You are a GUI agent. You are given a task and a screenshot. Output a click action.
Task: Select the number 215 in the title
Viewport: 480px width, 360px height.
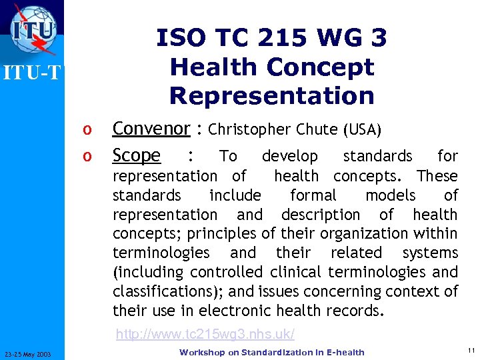[291, 38]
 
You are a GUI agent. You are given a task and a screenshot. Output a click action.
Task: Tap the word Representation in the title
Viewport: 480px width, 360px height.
[272, 95]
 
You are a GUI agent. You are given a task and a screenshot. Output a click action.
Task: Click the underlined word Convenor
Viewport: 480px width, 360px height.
[151, 129]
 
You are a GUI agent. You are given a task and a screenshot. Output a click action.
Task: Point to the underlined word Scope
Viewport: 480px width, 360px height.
[137, 155]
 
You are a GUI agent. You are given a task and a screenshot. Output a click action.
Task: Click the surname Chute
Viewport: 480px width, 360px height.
[318, 129]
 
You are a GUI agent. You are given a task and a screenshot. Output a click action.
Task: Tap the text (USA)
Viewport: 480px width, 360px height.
[363, 129]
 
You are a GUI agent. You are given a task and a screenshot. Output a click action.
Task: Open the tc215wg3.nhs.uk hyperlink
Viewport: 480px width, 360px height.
[205, 333]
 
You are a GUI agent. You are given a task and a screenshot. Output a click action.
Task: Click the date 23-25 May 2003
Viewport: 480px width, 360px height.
[32, 353]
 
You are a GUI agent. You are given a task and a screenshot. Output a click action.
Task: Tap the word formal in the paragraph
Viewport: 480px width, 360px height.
[313, 195]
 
